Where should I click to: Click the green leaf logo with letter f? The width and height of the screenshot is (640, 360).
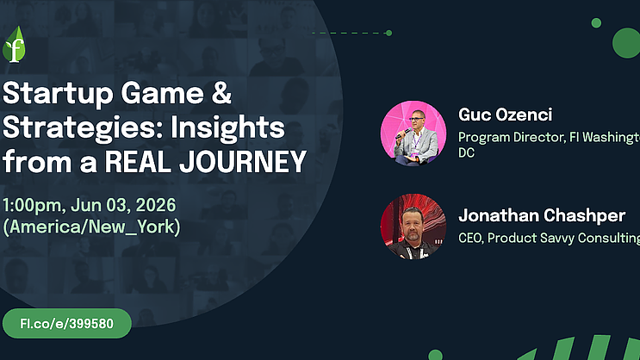[x=14, y=45]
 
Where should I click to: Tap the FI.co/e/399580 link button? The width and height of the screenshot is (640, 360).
[x=67, y=323]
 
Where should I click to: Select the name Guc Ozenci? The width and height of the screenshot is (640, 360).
[x=506, y=115]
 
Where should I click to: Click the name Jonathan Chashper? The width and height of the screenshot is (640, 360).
[x=542, y=216]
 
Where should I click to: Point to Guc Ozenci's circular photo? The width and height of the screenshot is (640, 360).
[x=413, y=133]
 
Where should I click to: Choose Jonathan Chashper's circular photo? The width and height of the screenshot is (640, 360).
[x=413, y=227]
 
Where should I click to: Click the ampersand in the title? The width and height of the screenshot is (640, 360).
[x=221, y=93]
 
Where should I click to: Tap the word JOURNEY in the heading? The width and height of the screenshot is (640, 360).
[x=243, y=162]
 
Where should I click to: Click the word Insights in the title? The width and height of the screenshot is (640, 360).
[x=227, y=127]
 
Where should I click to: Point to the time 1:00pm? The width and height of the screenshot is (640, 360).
[x=34, y=205]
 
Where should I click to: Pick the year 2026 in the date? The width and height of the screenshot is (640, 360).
[x=156, y=205]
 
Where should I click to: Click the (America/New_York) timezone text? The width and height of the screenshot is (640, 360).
[x=91, y=227]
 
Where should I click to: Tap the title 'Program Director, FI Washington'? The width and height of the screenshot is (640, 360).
[x=549, y=138]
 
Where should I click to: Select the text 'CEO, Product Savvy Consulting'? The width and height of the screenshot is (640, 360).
[x=549, y=238]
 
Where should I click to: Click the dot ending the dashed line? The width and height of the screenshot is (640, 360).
[x=389, y=33]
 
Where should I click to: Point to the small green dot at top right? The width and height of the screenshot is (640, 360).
[x=596, y=23]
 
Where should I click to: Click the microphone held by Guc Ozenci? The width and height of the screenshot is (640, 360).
[x=404, y=133]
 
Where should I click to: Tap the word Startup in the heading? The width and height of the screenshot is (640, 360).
[x=58, y=94]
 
